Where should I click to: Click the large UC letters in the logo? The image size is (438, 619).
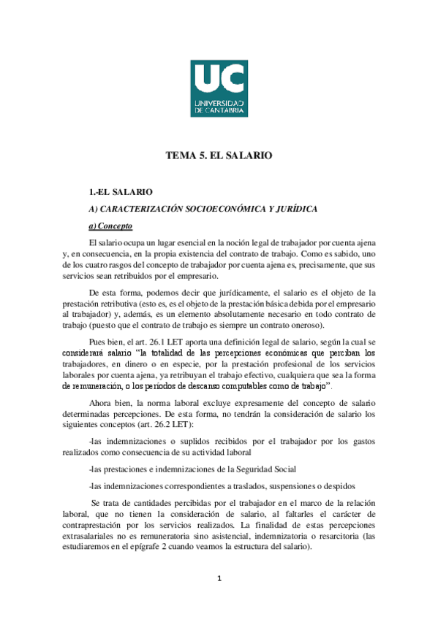pos(219,77)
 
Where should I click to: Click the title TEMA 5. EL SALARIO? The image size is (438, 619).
pos(219,155)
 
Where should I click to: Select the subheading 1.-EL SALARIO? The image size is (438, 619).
pos(120,192)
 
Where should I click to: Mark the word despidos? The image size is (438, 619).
pos(336,485)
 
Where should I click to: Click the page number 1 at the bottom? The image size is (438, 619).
pos(219,580)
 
